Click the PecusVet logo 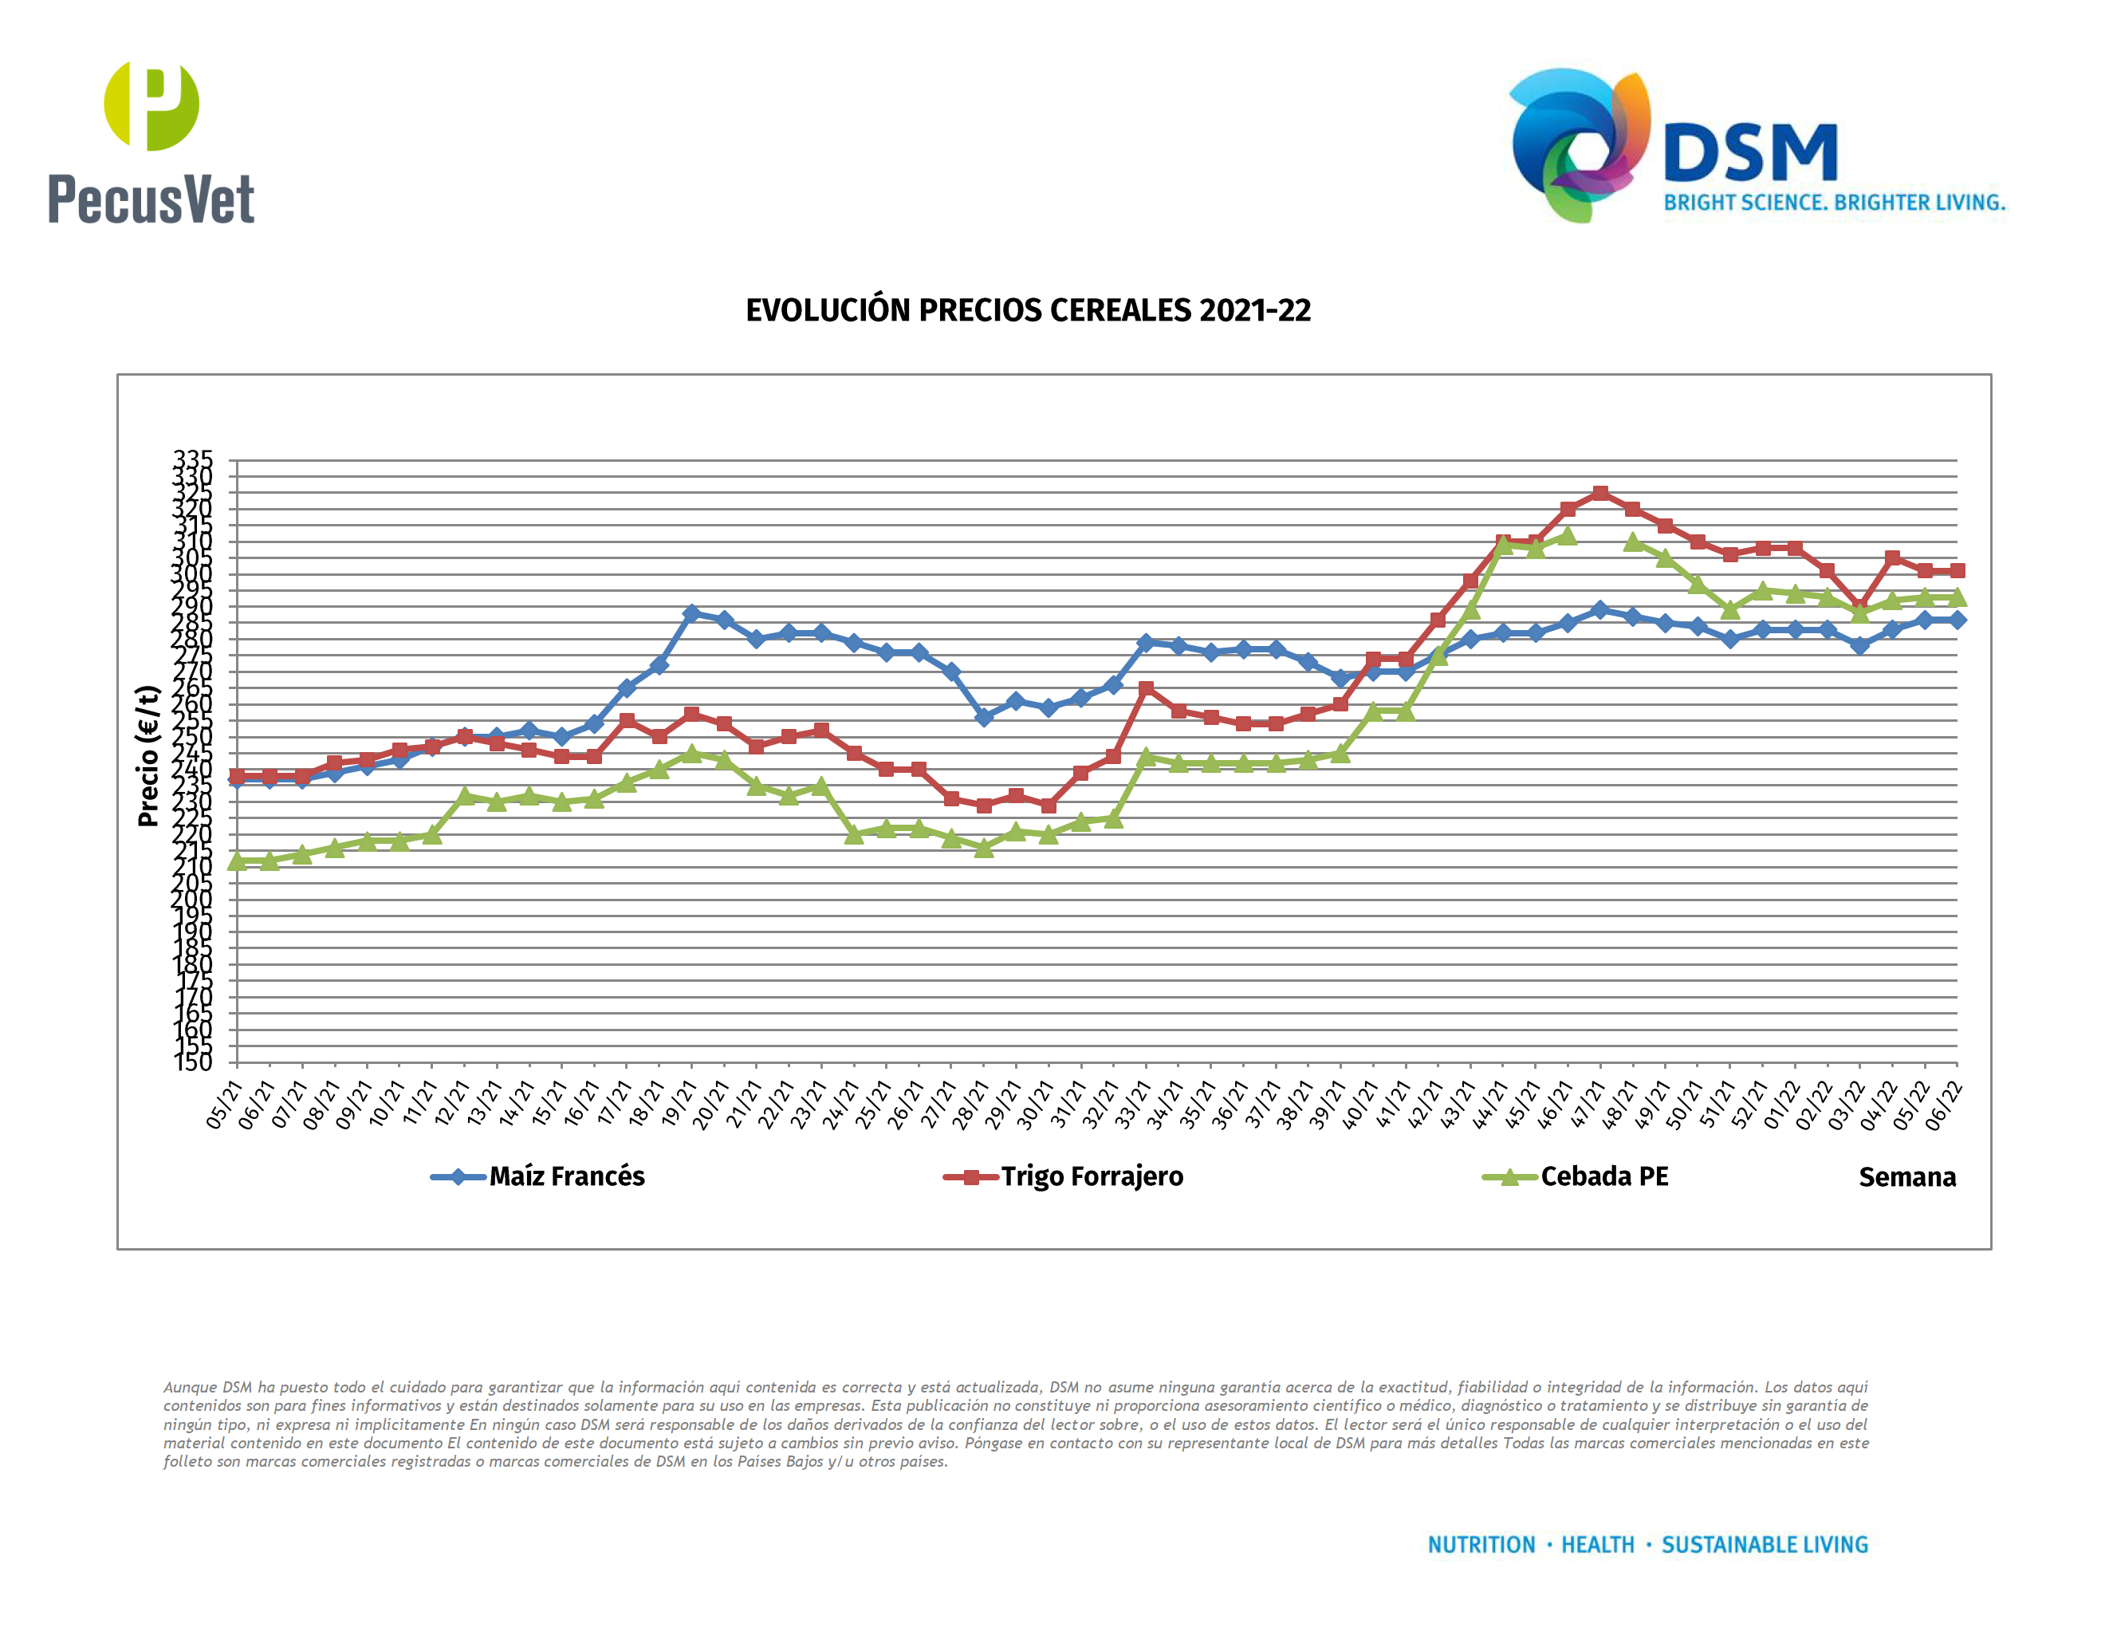(151, 143)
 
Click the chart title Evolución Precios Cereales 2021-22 (1028, 310)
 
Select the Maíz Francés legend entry (566, 1177)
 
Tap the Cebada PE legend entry (1603, 1177)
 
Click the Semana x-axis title (1906, 1178)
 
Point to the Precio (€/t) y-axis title (148, 757)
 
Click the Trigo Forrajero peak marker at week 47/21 (1600, 494)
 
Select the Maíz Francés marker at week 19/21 (691, 614)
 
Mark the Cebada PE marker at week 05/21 (237, 861)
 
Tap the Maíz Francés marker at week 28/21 (984, 717)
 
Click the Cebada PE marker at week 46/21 (1567, 536)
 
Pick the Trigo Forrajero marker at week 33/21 (1146, 688)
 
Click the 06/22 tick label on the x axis (1943, 1105)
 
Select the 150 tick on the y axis (193, 1062)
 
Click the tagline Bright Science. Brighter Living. (1834, 203)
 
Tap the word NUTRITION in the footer (1481, 1545)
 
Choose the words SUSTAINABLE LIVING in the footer (1764, 1545)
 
